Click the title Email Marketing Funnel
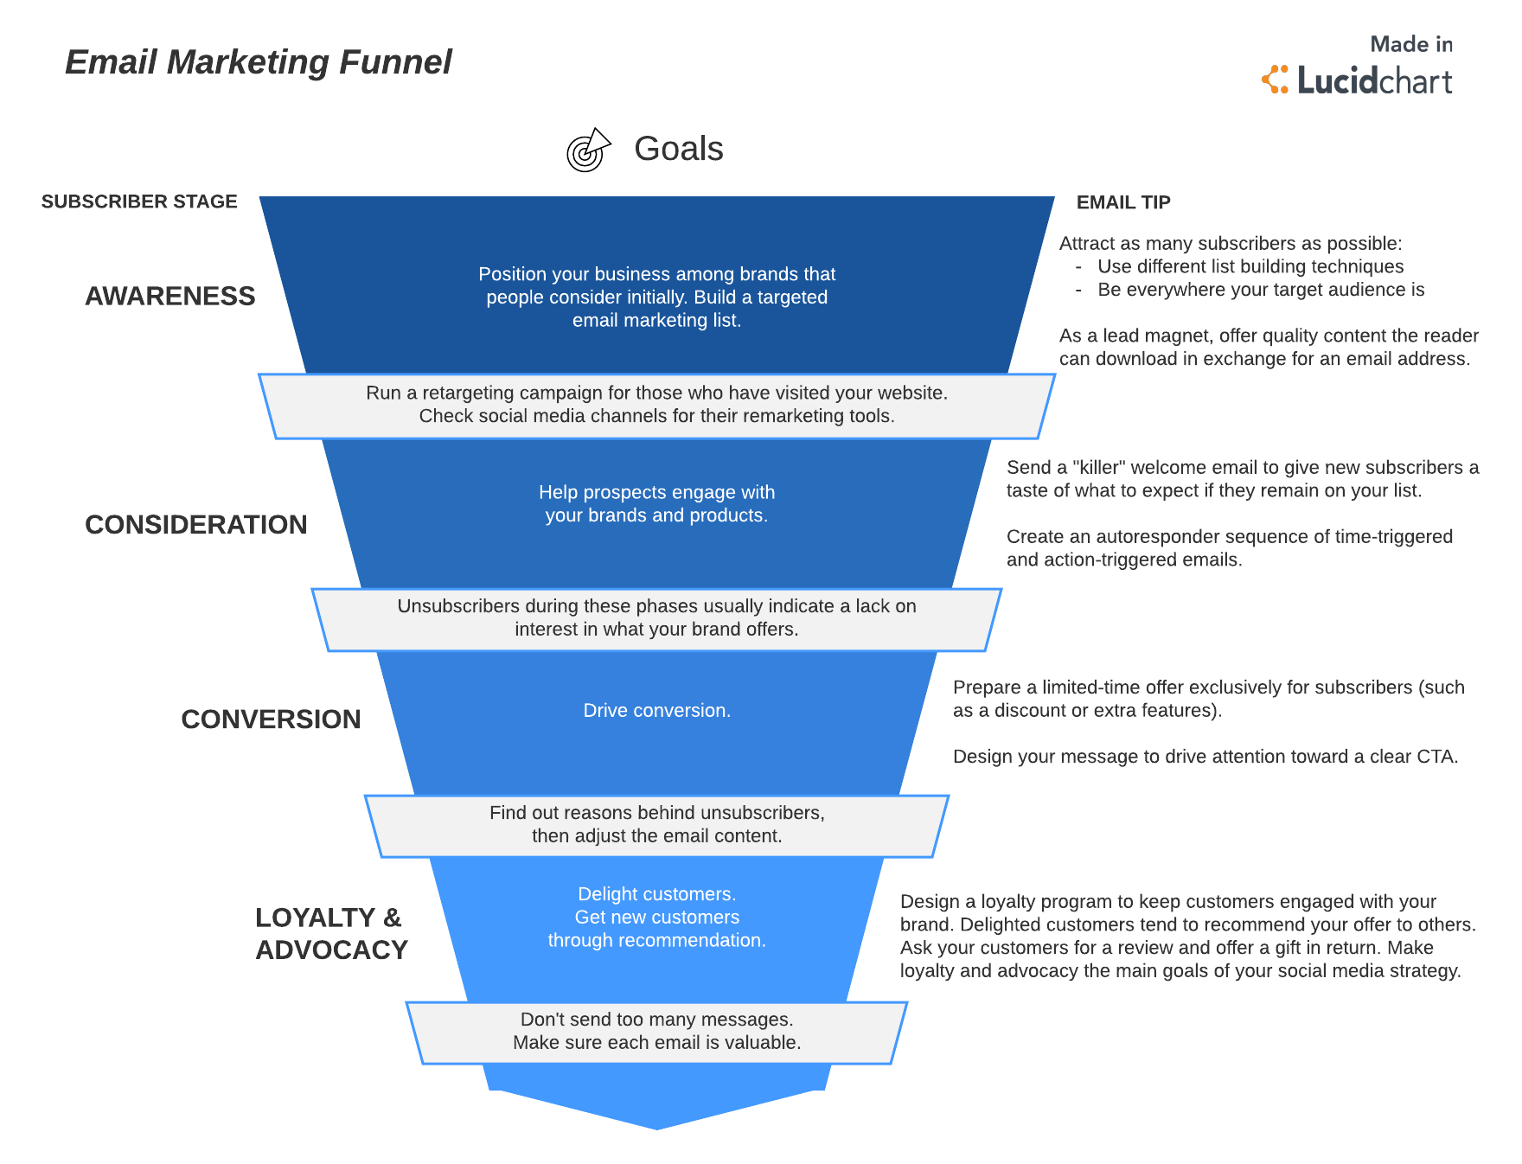[x=258, y=62]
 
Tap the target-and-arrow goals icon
[x=588, y=150]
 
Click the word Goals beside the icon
[x=678, y=149]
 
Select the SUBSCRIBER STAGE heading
[x=139, y=201]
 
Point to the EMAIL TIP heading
[x=1122, y=202]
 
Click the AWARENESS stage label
[x=169, y=297]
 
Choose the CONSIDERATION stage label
[x=195, y=525]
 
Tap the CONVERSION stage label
[x=270, y=720]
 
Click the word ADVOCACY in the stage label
[x=331, y=950]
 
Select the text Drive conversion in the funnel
[x=656, y=711]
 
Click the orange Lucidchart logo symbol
[x=1275, y=80]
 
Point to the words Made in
[x=1410, y=44]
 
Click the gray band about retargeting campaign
[x=656, y=405]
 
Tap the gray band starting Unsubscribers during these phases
[x=656, y=618]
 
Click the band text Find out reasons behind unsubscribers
[x=656, y=814]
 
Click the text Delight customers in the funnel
[x=656, y=895]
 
